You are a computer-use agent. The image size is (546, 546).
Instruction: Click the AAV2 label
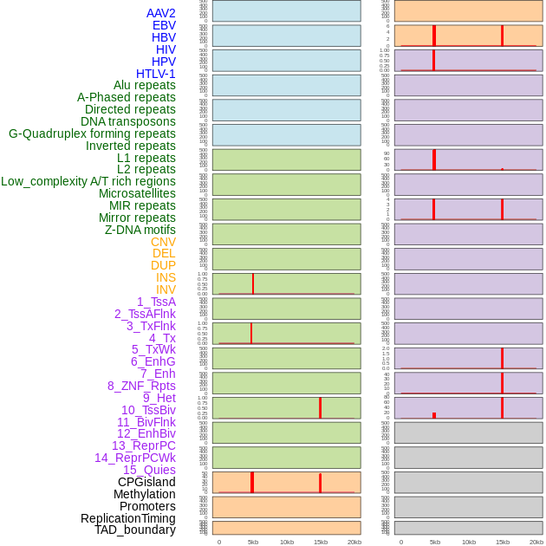[160, 13]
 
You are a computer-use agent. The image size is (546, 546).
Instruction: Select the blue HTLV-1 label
[155, 74]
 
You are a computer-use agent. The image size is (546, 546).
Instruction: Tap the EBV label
[164, 25]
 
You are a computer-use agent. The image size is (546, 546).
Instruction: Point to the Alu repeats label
[144, 85]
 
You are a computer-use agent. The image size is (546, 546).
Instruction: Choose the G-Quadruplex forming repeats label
[92, 133]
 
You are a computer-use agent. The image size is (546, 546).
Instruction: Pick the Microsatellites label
[137, 193]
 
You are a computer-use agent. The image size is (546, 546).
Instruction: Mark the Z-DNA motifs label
[140, 230]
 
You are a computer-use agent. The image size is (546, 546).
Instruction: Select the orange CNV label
[163, 242]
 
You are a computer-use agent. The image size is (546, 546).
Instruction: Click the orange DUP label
[163, 265]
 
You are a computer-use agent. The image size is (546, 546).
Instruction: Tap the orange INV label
[166, 289]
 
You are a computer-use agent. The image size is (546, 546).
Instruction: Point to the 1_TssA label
[156, 302]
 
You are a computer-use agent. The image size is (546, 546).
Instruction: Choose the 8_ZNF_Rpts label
[141, 386]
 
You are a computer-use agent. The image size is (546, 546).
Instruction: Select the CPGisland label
[146, 482]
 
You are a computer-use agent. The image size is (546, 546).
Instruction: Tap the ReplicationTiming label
[127, 518]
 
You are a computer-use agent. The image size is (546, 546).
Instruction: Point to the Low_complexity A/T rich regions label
[88, 181]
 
